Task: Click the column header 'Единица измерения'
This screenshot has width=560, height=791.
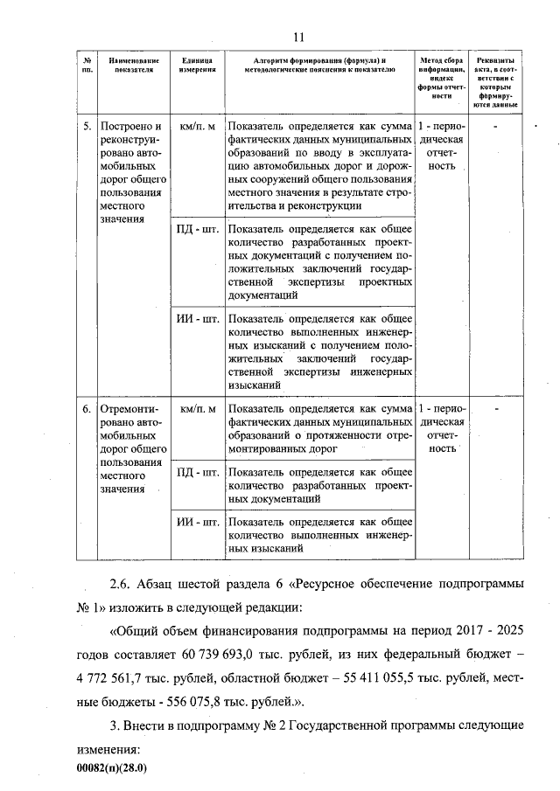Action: click(x=197, y=64)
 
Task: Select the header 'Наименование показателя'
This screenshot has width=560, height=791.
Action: click(x=133, y=64)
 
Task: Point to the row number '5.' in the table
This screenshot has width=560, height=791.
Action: click(x=87, y=126)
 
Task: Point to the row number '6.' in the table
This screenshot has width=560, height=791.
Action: click(x=87, y=408)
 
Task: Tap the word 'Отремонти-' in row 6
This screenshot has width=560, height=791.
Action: click(x=129, y=408)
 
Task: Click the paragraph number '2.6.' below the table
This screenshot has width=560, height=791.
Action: click(x=123, y=585)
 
